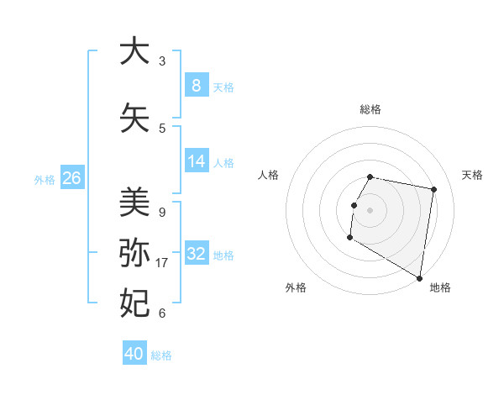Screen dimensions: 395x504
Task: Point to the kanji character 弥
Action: [134, 252]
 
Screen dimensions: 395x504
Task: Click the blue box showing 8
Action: [196, 86]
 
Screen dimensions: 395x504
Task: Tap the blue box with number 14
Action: [196, 161]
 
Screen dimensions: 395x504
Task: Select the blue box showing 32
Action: [197, 254]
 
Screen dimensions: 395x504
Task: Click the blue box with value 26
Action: [71, 178]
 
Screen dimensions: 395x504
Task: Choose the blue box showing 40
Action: [134, 354]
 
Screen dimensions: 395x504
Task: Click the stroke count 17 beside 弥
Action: [163, 263]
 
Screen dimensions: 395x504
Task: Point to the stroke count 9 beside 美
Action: [162, 213]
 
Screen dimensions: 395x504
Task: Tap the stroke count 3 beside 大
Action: [162, 61]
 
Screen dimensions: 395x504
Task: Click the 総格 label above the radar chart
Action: [370, 110]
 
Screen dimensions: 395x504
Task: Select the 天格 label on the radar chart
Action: [472, 175]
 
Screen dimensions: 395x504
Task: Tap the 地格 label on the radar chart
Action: [440, 287]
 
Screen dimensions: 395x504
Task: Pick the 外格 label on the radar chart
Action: [296, 287]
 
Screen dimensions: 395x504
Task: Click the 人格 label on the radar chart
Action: [269, 175]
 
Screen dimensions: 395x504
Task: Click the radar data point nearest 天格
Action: [433, 190]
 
